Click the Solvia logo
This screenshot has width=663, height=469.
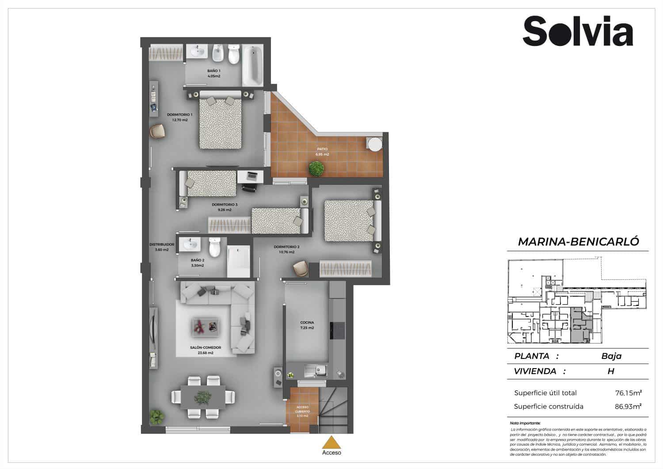click(578, 31)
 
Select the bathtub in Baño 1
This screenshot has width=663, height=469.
click(252, 66)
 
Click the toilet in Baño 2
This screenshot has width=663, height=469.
click(214, 247)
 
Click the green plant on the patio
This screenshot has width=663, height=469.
click(316, 169)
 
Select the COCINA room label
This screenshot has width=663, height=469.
click(306, 323)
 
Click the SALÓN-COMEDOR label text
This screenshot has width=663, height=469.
click(205, 348)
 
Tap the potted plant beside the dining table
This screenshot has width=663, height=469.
click(156, 416)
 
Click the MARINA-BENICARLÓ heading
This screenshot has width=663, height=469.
click(578, 242)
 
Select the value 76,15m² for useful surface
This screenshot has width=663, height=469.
click(628, 393)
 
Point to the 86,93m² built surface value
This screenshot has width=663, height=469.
click(628, 406)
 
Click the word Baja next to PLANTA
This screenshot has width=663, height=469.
click(611, 356)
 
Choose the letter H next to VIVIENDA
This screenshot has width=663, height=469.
click(611, 371)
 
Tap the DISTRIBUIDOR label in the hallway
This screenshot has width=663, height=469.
click(162, 244)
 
